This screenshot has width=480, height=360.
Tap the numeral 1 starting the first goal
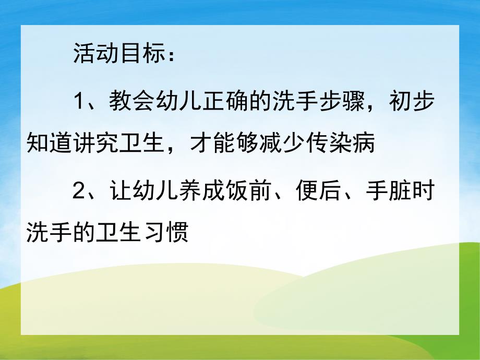(79, 101)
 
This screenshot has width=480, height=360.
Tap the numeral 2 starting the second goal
(79, 191)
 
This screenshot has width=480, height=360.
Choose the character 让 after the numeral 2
(118, 191)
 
